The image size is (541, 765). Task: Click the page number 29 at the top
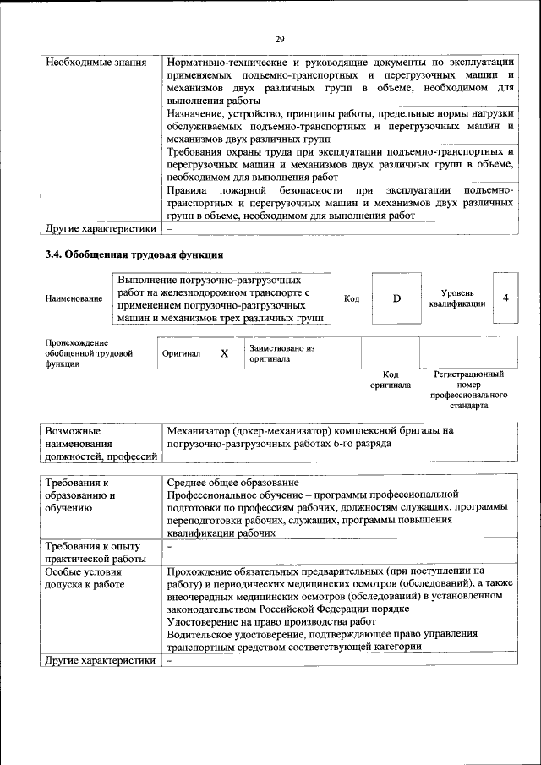pyautogui.click(x=280, y=38)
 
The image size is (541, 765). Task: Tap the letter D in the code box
pyautogui.click(x=396, y=298)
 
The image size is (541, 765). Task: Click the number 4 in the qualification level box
pyautogui.click(x=505, y=298)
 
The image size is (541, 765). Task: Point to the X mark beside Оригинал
pyautogui.click(x=224, y=354)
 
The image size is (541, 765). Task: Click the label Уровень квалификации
pyautogui.click(x=457, y=298)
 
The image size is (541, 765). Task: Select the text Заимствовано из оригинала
pyautogui.click(x=281, y=353)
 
